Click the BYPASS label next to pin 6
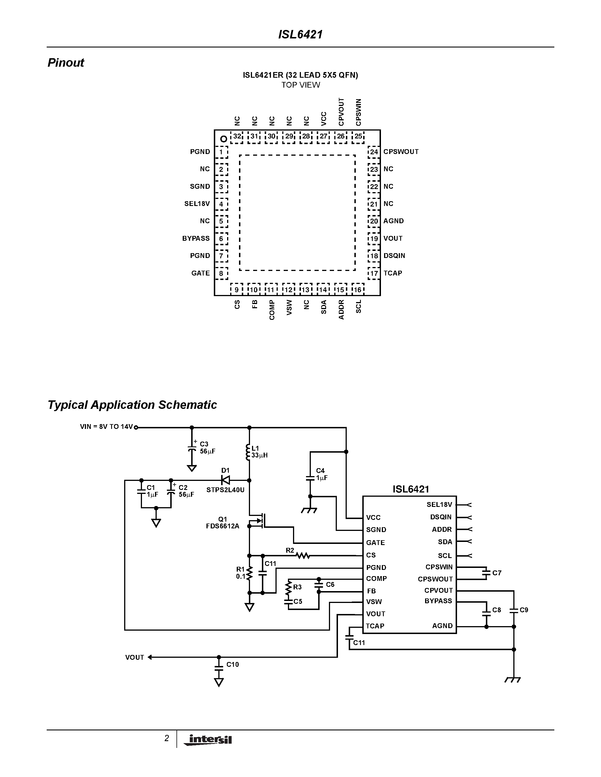coord(196,238)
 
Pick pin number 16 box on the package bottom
coord(357,290)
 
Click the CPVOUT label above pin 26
coord(341,112)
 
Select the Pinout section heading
coord(66,63)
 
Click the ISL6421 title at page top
coord(300,34)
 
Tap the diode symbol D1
coord(225,480)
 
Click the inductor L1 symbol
coord(248,452)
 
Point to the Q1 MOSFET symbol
coord(259,520)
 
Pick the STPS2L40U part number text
coord(225,490)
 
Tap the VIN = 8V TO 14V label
coord(106,427)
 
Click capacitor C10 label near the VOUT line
coord(232,665)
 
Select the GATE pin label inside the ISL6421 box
coord(375,543)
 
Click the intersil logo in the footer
coord(208,740)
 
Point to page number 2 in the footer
coord(166,739)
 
